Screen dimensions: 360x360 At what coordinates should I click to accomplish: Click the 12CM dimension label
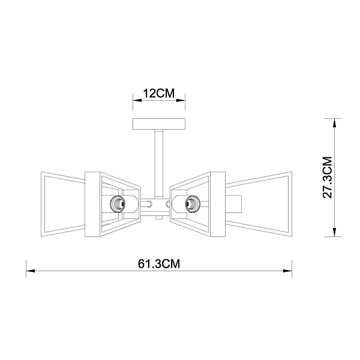click(x=159, y=94)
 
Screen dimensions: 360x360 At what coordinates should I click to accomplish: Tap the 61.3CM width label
click(x=159, y=264)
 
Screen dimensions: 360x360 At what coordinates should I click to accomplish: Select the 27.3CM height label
click(x=328, y=177)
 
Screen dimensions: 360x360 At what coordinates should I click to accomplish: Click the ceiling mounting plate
click(x=159, y=124)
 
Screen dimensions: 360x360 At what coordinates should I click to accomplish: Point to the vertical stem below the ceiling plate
click(x=159, y=164)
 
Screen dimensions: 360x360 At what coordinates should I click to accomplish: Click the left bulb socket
click(x=118, y=203)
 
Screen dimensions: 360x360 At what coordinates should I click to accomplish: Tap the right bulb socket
click(x=193, y=203)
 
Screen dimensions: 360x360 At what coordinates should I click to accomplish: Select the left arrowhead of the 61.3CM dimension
click(x=31, y=271)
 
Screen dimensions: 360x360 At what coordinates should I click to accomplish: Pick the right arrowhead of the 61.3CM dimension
click(x=287, y=271)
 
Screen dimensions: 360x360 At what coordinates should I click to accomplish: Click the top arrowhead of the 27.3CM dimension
click(x=335, y=123)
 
